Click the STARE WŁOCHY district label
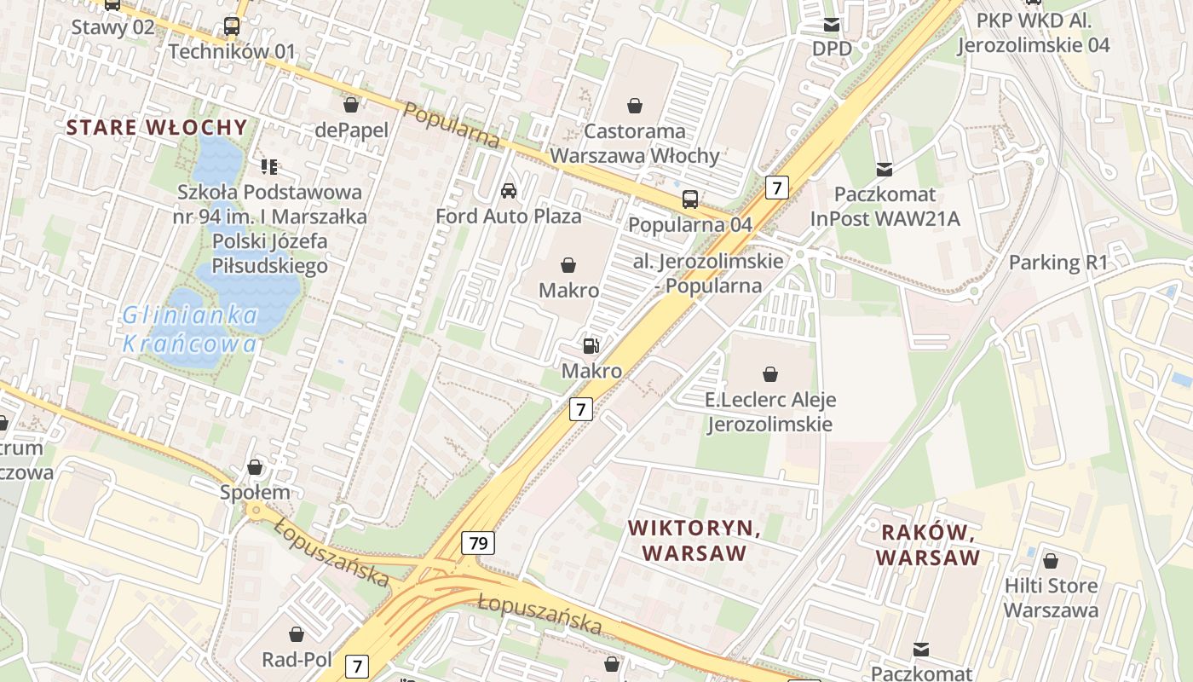click(157, 128)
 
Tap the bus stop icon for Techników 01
click(232, 26)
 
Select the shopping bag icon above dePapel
click(350, 105)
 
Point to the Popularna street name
click(451, 125)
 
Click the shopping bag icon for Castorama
click(635, 106)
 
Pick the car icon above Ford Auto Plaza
click(509, 191)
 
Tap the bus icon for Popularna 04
click(690, 199)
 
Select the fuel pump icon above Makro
click(591, 346)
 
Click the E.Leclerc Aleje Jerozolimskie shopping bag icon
click(770, 374)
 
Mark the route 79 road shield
click(478, 542)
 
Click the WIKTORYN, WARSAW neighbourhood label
click(694, 540)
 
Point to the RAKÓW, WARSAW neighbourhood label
click(928, 546)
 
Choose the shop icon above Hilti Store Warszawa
click(1051, 561)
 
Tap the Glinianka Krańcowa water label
click(190, 330)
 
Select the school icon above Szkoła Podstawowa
click(269, 166)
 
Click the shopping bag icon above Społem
click(255, 467)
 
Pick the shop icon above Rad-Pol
click(297, 634)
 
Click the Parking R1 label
click(1058, 263)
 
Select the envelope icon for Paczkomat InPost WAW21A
click(885, 170)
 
